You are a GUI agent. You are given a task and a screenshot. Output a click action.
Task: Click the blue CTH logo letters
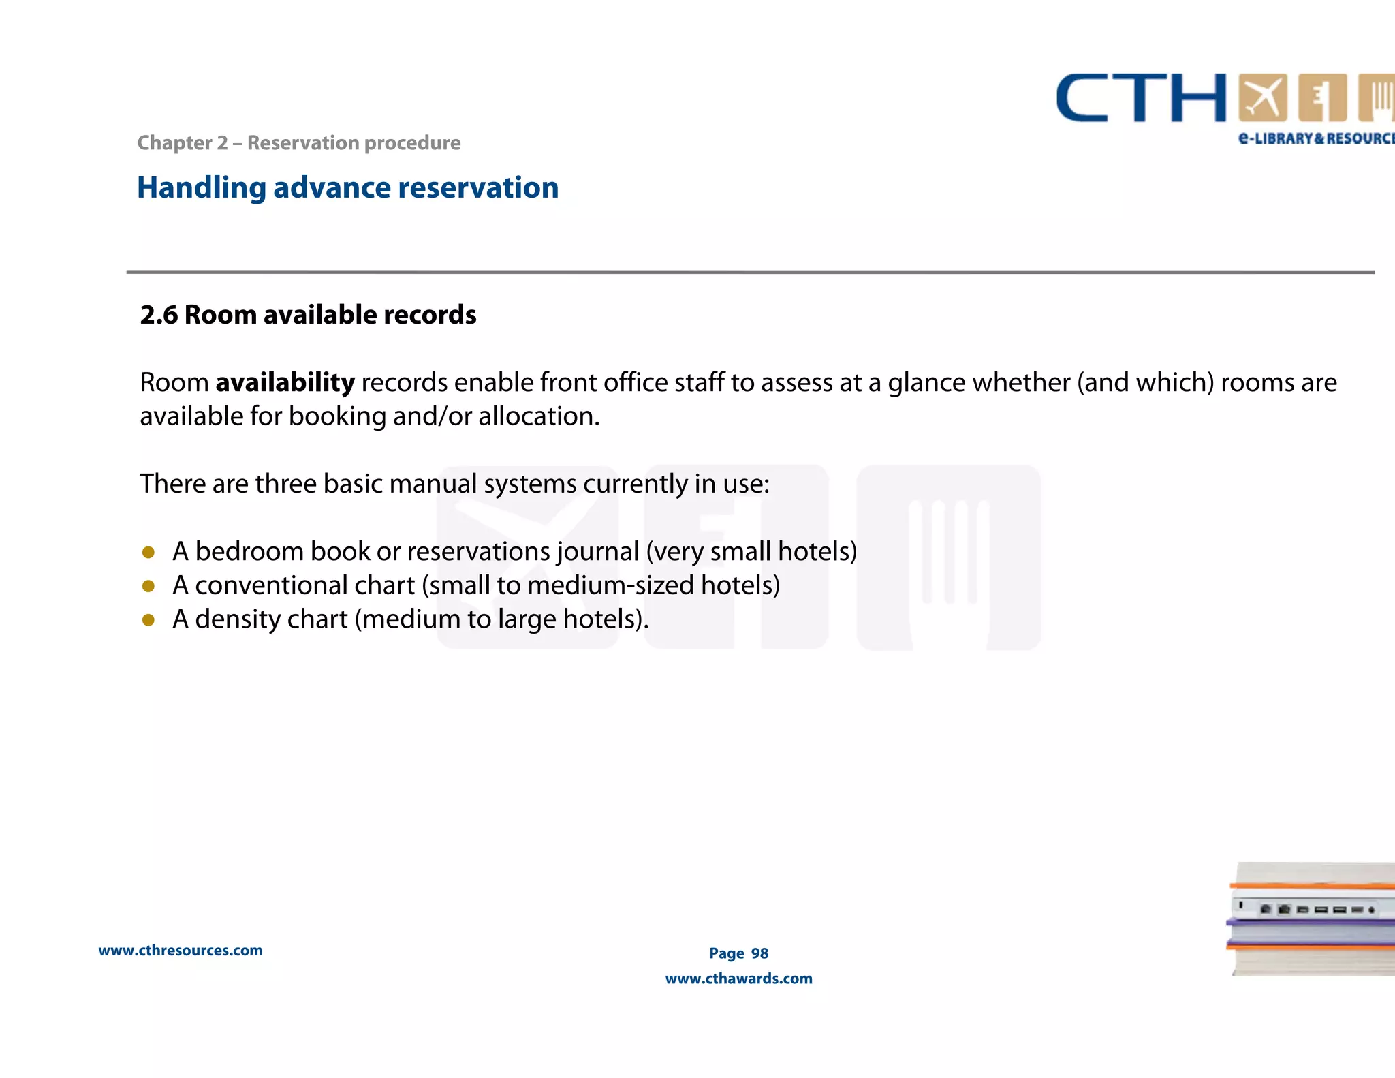[x=1141, y=98]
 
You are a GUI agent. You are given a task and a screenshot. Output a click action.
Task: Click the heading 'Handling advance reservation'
[x=347, y=187]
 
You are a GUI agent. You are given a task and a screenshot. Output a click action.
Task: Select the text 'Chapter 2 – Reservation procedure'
[x=298, y=143]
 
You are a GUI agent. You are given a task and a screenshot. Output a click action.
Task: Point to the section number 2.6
[x=158, y=315]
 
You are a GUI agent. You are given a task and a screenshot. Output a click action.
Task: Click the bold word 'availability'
[x=285, y=383]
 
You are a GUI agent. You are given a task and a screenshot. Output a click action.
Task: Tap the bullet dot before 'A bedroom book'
[x=148, y=552]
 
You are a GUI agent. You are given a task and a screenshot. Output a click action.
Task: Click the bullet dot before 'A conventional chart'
[x=148, y=586]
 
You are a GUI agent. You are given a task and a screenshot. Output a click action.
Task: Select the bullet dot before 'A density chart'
[x=148, y=620]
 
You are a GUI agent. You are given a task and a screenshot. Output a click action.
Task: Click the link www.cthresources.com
[x=181, y=951]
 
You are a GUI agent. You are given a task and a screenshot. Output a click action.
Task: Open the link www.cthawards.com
[x=738, y=979]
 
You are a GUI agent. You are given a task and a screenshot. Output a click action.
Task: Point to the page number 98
[x=759, y=953]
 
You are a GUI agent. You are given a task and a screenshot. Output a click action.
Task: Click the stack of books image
[x=1312, y=919]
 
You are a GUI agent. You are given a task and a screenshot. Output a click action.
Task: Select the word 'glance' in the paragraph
[x=926, y=383]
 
